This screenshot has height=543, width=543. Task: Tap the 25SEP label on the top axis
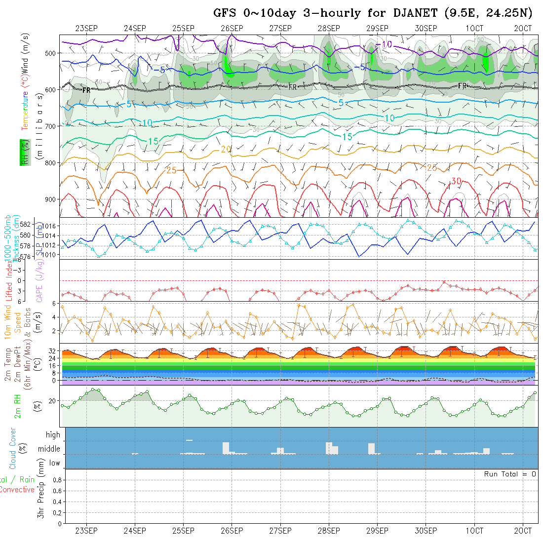pos(183,28)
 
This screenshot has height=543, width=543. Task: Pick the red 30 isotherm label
pos(456,182)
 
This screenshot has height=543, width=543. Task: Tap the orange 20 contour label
pos(226,149)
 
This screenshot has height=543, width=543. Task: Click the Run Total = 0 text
pos(510,474)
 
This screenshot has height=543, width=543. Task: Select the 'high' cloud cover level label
pos(53,435)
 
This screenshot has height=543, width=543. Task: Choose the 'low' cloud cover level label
pos(54,463)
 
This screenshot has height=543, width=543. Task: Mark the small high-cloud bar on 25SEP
pos(189,439)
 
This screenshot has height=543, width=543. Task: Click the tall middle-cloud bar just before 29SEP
pos(371,448)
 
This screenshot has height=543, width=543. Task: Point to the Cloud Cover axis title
pos(13,448)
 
